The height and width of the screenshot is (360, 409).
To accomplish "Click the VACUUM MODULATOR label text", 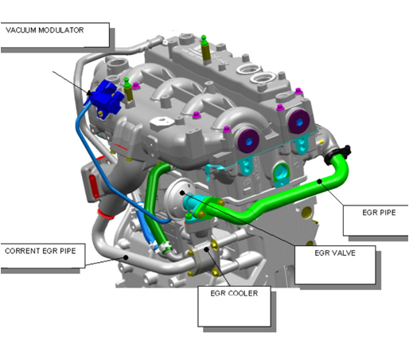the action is coord(45,30).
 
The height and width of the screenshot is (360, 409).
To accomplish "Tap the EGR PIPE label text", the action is coord(379,213).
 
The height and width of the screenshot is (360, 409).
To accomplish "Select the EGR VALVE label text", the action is coord(335,253).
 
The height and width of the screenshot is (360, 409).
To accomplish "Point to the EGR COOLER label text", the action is coord(234,293).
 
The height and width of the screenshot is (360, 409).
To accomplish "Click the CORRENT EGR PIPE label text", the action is coord(41,251).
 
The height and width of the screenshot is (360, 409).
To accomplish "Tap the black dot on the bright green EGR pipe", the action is coord(320,182).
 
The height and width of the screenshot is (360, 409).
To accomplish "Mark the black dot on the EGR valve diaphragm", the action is coord(182,193).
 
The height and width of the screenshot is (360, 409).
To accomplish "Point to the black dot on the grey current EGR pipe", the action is coord(126,257).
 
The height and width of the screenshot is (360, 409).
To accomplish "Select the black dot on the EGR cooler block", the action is coord(207,249).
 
